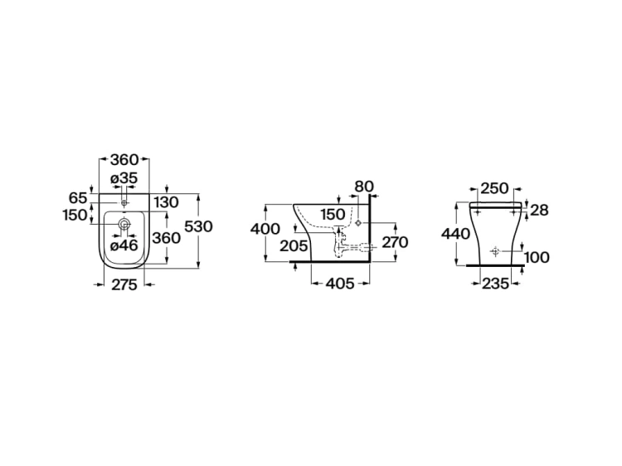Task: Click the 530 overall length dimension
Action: point(199,226)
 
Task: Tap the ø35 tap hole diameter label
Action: point(124,178)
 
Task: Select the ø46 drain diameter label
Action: point(124,245)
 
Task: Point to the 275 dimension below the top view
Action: point(124,284)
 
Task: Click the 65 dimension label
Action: point(78,197)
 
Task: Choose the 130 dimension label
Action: point(166,202)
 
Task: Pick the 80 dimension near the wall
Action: point(364,187)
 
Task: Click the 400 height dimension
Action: point(265,229)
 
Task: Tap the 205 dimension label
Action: point(294,246)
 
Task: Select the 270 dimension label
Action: point(395,242)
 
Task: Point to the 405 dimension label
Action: point(340,284)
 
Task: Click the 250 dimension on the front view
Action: point(494,188)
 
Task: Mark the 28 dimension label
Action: point(539,210)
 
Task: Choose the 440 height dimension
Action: point(456,234)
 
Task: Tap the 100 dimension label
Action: point(537,257)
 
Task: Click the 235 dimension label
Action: point(495,284)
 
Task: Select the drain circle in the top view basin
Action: point(124,225)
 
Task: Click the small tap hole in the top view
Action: point(124,203)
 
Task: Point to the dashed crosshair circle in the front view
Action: point(494,251)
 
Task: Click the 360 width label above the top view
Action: point(124,160)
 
